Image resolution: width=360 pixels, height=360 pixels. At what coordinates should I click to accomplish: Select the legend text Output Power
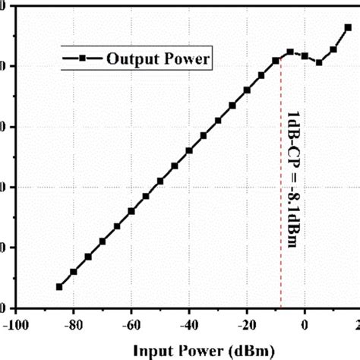158,58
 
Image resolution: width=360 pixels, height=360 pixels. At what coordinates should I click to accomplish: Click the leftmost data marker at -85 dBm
59,286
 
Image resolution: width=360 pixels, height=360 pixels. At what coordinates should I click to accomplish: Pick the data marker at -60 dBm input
131,211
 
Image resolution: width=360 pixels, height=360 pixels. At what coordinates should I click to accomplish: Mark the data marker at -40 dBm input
189,150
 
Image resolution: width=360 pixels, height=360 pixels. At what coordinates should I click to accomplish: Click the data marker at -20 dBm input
247,90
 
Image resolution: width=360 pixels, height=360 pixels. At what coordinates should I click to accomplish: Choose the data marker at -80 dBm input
74,272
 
